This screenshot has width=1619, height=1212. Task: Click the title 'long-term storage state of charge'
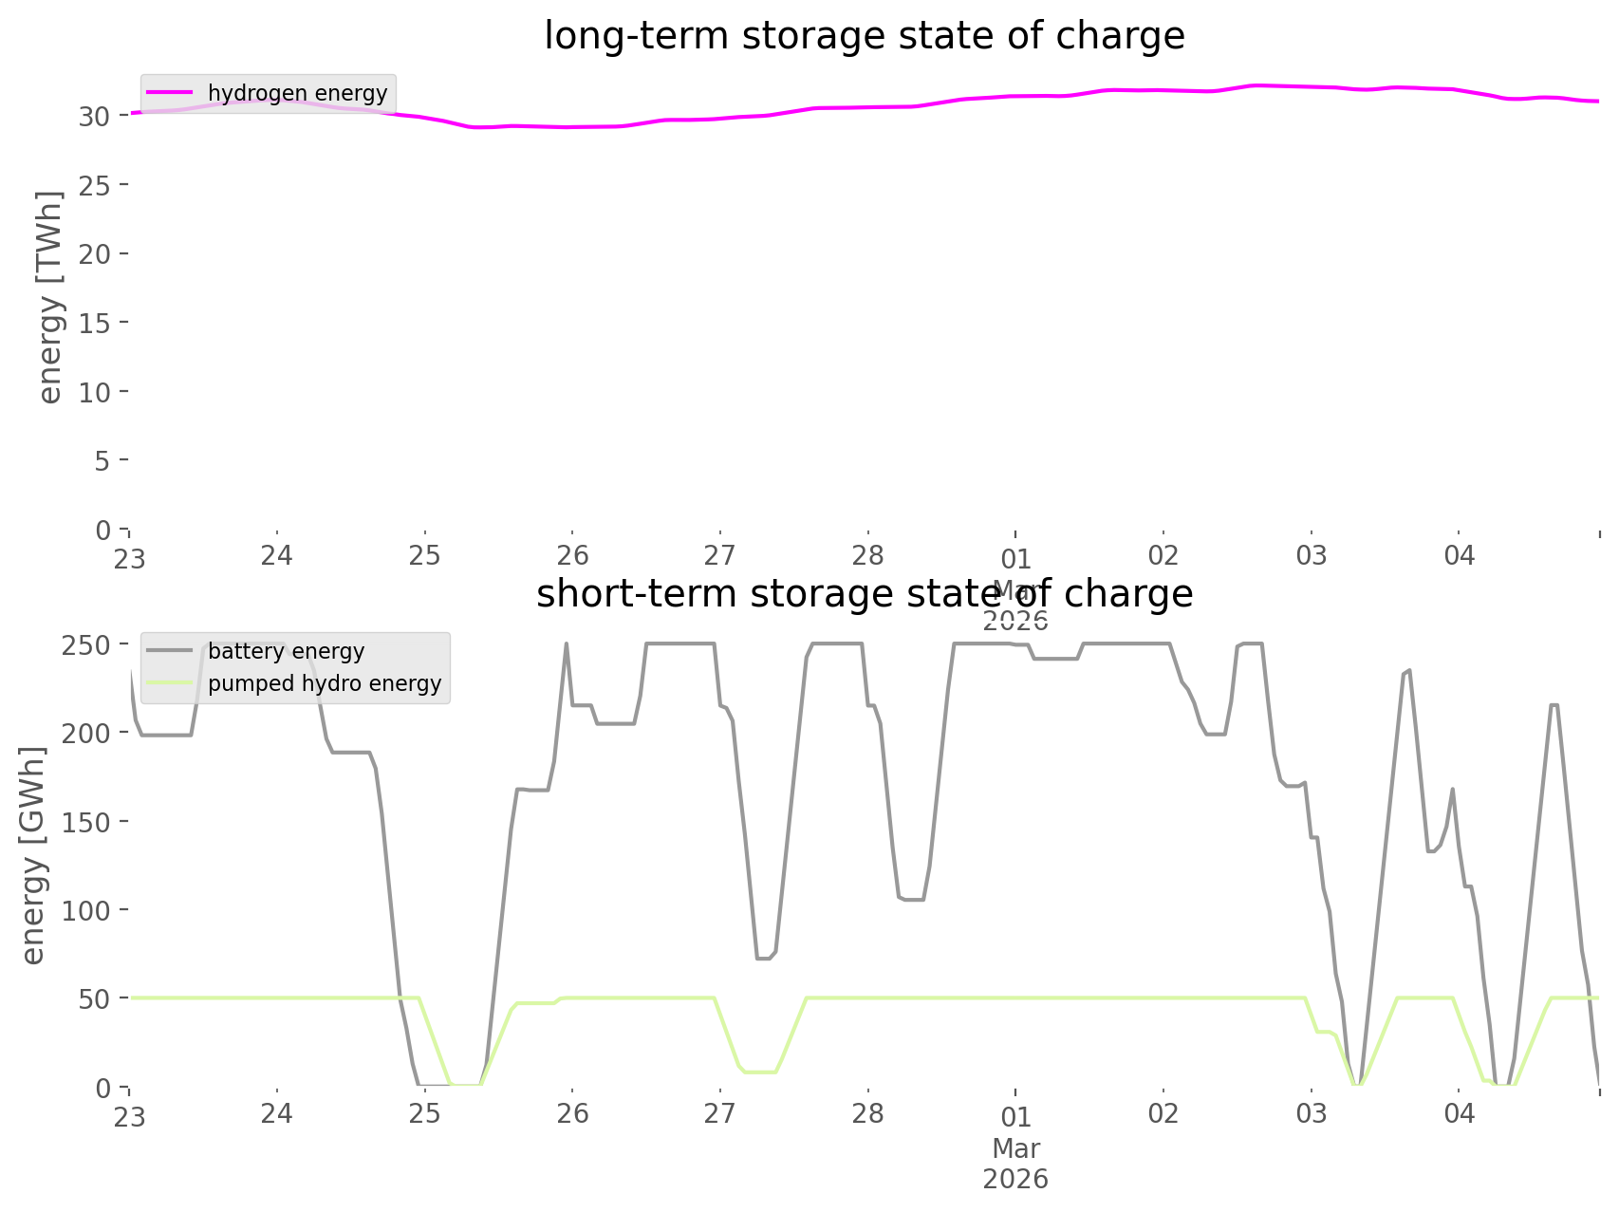[864, 36]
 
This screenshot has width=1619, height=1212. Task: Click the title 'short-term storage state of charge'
[864, 594]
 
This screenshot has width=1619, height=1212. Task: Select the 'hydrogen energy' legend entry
[297, 93]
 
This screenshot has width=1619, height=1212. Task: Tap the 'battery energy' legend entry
[286, 651]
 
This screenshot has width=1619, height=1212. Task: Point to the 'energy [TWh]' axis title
[49, 297]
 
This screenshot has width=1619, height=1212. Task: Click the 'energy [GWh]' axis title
[33, 855]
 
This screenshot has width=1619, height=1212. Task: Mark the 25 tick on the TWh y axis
[97, 185]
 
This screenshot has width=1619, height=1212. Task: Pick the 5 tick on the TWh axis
[103, 461]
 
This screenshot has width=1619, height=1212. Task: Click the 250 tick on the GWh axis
[89, 645]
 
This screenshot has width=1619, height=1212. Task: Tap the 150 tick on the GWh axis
[89, 822]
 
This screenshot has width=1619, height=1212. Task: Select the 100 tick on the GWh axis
[89, 910]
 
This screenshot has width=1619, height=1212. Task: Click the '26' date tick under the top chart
[572, 555]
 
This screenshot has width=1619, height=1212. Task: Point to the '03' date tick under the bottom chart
[1312, 1113]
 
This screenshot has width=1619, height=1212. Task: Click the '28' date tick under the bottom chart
[867, 1113]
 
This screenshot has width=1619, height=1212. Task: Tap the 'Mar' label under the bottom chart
[1015, 1148]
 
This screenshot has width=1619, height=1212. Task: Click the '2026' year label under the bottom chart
[1015, 1180]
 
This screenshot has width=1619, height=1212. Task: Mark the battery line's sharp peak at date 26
[567, 644]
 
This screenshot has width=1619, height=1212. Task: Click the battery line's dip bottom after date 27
[765, 959]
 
